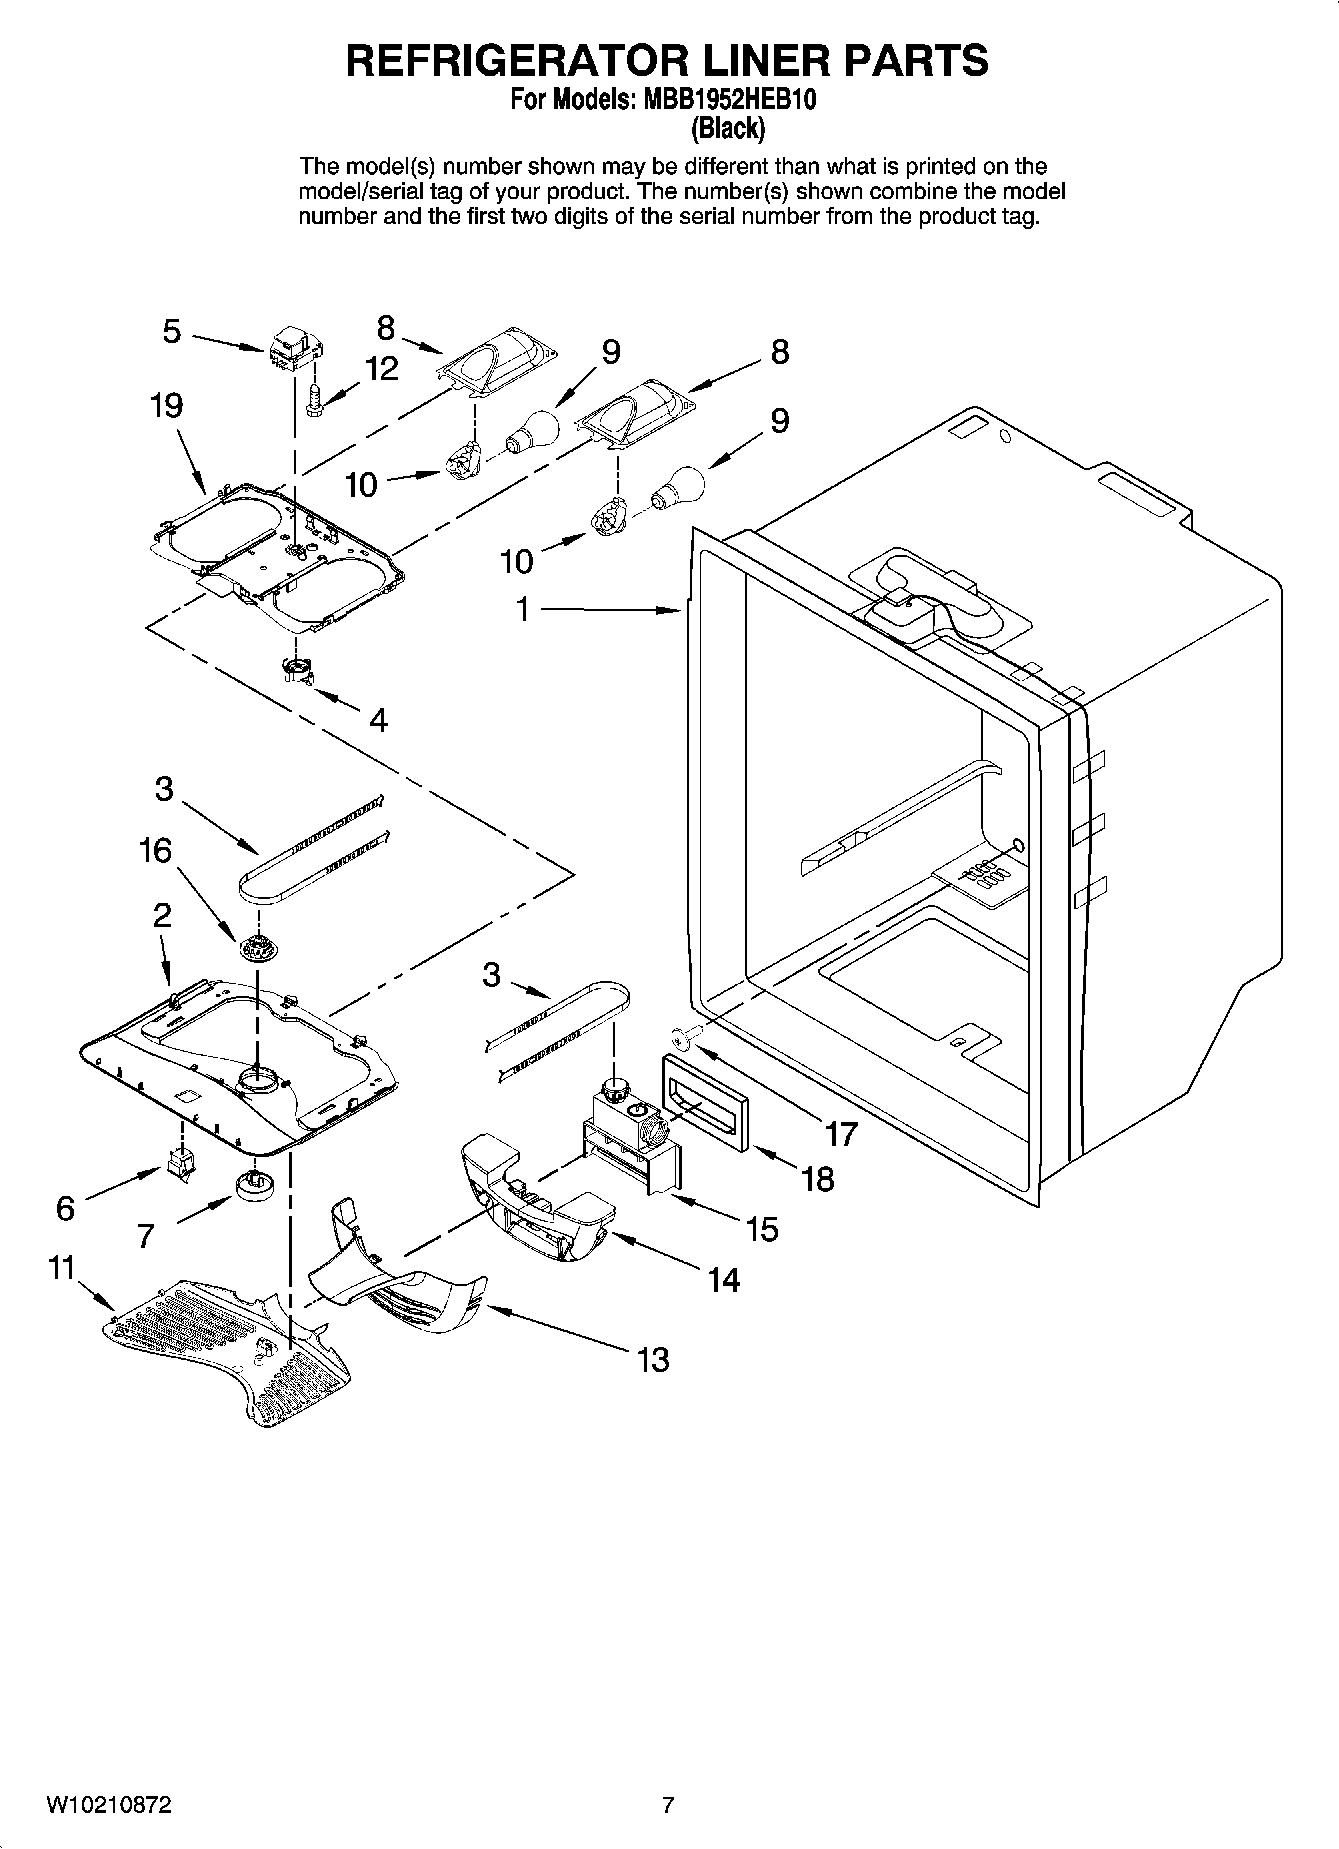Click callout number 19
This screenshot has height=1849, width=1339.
pyautogui.click(x=167, y=406)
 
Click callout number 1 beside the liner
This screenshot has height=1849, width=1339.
pyautogui.click(x=522, y=608)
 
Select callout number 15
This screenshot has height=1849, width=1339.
pyautogui.click(x=762, y=1228)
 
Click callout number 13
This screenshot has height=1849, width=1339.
pyautogui.click(x=653, y=1359)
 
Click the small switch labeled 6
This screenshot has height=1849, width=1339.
pyautogui.click(x=181, y=1163)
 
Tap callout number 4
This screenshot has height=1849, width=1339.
pyautogui.click(x=378, y=719)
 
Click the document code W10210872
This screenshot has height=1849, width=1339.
pyautogui.click(x=108, y=1805)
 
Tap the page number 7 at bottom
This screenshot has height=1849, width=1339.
pyautogui.click(x=668, y=1805)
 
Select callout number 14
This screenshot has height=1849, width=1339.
pyautogui.click(x=724, y=1279)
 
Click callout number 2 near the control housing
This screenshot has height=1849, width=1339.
pyautogui.click(x=162, y=914)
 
